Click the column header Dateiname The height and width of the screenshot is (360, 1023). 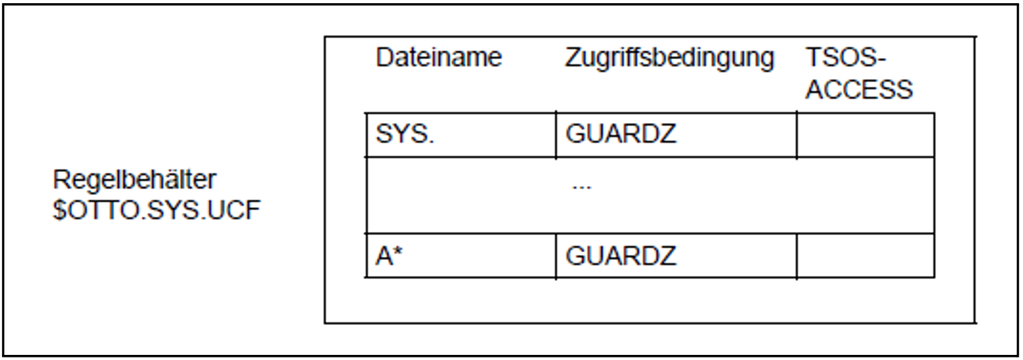(438, 58)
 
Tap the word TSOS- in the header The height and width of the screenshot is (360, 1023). (845, 58)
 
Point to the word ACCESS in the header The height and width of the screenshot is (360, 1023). (859, 89)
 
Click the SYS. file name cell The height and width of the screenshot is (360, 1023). (405, 134)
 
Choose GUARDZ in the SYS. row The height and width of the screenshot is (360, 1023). (620, 134)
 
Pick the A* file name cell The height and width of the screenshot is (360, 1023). (389, 256)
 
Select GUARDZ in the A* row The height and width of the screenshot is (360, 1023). (620, 256)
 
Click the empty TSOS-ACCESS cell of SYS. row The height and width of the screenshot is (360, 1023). (865, 135)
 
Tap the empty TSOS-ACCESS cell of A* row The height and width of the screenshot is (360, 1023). (865, 256)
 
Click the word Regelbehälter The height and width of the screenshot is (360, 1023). (134, 180)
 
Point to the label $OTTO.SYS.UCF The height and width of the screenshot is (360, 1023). (157, 210)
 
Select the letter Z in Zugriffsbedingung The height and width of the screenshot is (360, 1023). (573, 58)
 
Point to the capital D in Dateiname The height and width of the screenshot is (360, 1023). (383, 58)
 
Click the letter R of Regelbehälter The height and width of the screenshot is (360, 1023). (61, 180)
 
